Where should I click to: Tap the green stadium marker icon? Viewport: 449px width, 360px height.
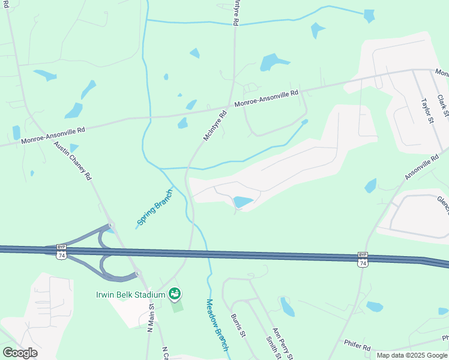[175, 294]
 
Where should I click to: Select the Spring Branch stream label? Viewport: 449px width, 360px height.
[154, 207]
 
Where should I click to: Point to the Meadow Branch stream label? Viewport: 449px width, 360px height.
[217, 325]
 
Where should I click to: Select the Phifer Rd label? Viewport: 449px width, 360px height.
[358, 344]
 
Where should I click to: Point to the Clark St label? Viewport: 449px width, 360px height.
[443, 105]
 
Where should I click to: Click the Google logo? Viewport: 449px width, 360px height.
[20, 352]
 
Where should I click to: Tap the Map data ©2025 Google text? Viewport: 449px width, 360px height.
[411, 355]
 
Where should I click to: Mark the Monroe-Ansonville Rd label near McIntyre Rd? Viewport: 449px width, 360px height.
[266, 98]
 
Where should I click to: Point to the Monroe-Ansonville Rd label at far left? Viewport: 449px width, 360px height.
[53, 135]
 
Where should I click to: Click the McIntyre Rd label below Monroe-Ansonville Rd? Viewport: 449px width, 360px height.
[215, 125]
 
